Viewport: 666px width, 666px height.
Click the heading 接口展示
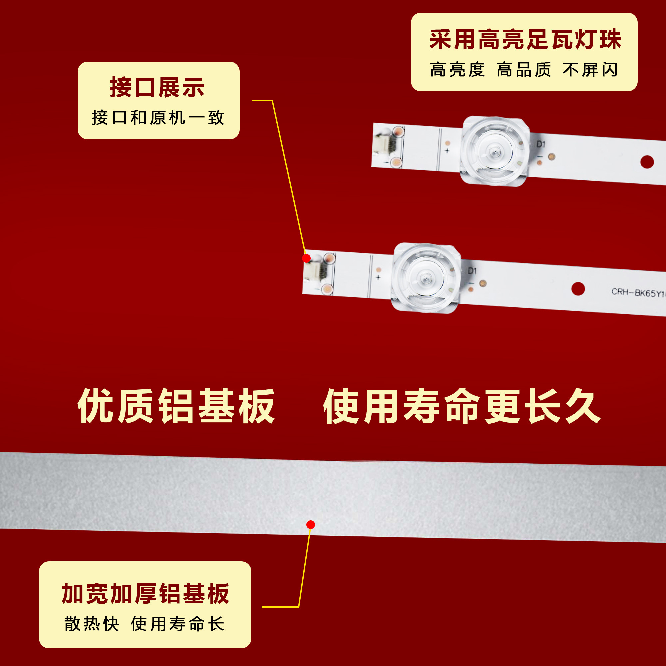coord(157,88)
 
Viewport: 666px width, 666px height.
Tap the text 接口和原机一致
coord(158,118)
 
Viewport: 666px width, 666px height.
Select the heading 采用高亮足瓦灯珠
coord(525,40)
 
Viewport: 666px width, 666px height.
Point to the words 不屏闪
coord(590,70)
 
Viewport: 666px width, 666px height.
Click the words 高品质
coord(524,70)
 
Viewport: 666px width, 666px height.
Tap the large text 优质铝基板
coord(176,406)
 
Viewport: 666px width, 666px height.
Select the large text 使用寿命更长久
coord(462,406)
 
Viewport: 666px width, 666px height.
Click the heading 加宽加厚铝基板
coord(146,594)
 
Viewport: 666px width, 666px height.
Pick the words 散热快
coord(92,624)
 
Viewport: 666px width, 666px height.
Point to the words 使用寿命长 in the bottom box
coord(178,624)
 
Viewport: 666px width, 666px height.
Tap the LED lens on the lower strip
coord(425,278)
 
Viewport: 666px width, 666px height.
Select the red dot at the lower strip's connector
coord(306,258)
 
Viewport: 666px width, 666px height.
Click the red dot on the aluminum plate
coord(311,525)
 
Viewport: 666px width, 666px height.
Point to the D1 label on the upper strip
coord(541,144)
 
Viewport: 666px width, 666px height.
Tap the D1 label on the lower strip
coord(472,271)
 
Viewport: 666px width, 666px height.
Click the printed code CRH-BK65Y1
coord(638,293)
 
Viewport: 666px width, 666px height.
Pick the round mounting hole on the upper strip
coord(647,162)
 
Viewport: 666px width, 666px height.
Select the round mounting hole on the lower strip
coord(578,289)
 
